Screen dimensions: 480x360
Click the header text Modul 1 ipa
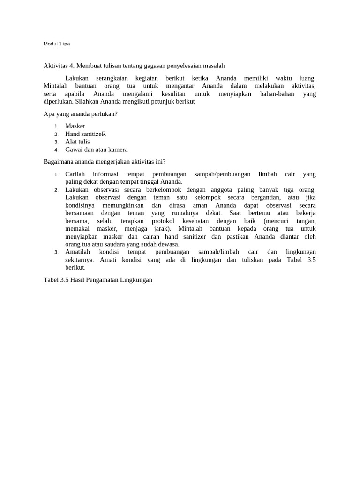[57, 44]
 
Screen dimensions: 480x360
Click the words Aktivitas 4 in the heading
[59, 66]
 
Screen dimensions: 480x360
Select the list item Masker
[75, 126]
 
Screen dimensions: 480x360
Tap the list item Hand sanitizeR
[85, 134]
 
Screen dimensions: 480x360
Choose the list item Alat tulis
[77, 142]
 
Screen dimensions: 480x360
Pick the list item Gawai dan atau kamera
[96, 150]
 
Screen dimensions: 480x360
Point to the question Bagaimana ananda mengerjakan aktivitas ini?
[105, 162]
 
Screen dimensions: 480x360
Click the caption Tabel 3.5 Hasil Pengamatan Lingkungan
[97, 280]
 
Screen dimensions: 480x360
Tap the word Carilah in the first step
[75, 174]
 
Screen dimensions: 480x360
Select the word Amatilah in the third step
[78, 252]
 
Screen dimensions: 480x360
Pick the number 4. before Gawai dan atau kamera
[56, 150]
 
